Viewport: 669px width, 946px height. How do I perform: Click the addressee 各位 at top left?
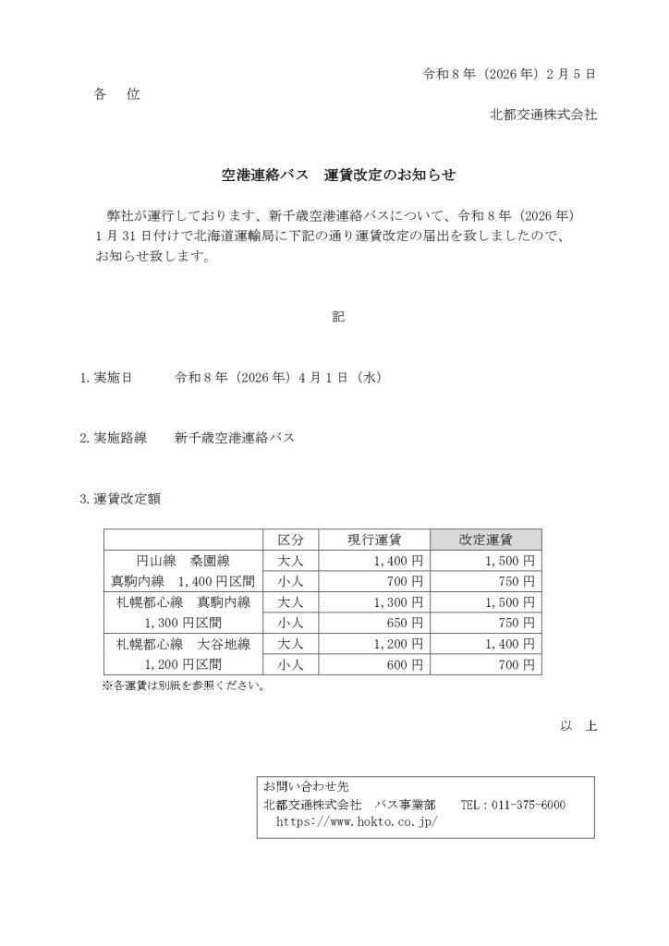coord(116,94)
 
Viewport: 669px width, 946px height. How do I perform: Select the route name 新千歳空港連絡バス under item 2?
coord(235,438)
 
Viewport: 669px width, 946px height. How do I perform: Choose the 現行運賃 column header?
coord(374,540)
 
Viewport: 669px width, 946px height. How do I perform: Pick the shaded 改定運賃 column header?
coord(486,540)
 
